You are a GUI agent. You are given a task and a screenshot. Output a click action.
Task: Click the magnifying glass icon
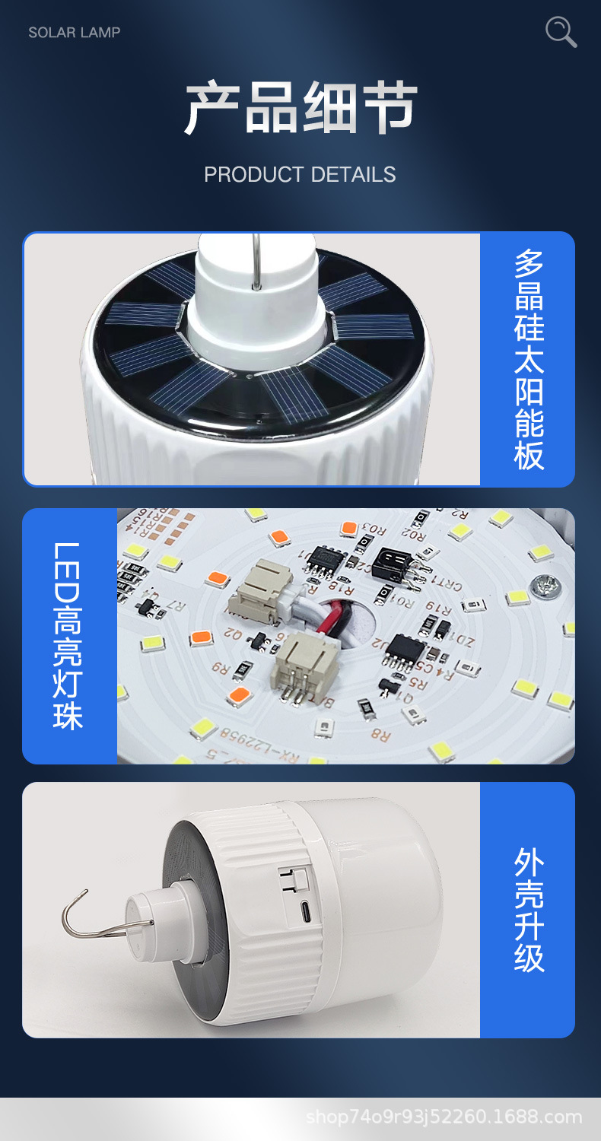(x=561, y=32)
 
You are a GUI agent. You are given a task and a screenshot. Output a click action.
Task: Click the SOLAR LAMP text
(x=75, y=32)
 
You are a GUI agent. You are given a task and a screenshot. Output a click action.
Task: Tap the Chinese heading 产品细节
(x=300, y=107)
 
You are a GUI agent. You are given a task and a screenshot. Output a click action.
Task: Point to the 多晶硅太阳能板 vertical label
(x=529, y=358)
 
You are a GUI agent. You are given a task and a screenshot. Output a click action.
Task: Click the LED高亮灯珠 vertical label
(x=68, y=636)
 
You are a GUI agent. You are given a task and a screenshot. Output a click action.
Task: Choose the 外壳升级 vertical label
(x=529, y=910)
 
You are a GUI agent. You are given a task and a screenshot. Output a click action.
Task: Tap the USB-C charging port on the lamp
(x=304, y=910)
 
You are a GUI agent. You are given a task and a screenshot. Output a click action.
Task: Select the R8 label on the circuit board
(x=380, y=736)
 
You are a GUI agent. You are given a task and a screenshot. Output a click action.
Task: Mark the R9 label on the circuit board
(x=220, y=669)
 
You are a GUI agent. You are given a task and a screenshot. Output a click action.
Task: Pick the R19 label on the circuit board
(x=440, y=608)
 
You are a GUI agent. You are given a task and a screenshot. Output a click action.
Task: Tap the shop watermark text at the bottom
(x=444, y=1117)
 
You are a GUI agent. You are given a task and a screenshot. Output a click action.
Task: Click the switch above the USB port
(x=296, y=878)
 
